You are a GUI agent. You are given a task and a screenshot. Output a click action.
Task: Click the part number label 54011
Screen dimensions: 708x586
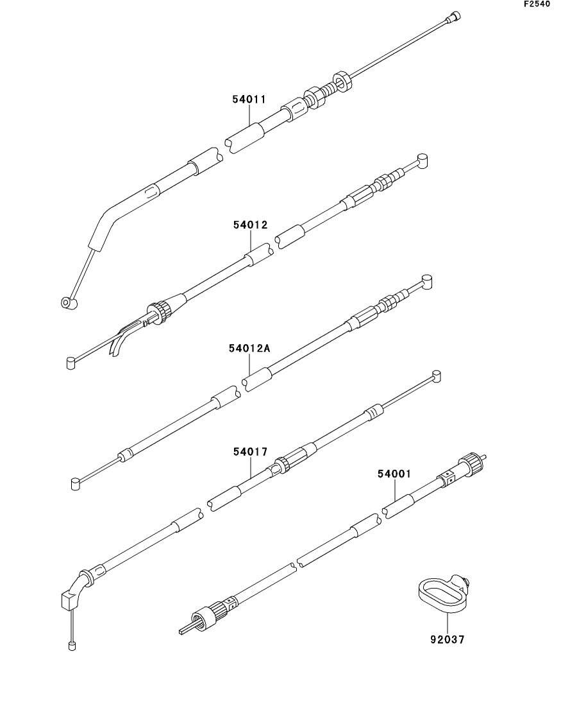(x=249, y=99)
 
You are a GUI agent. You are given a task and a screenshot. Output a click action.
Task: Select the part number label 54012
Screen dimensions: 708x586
(x=250, y=225)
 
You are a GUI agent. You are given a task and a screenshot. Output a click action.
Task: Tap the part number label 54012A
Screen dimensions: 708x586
(x=249, y=349)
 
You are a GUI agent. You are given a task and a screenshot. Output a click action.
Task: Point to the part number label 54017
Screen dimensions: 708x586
(x=250, y=452)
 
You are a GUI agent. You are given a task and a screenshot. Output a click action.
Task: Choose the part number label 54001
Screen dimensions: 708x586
(x=394, y=474)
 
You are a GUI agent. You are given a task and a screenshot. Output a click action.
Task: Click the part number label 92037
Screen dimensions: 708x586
(x=447, y=639)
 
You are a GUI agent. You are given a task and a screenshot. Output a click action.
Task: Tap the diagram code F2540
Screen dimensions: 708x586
(x=537, y=4)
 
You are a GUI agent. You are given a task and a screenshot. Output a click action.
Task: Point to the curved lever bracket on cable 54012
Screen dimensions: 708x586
(x=123, y=338)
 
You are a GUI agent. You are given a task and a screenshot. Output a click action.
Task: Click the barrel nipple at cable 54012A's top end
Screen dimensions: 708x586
(x=428, y=280)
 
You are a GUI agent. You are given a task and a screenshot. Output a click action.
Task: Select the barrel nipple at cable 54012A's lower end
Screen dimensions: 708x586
(x=76, y=483)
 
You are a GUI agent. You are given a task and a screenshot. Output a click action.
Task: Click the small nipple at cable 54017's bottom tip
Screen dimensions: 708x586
(x=72, y=644)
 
